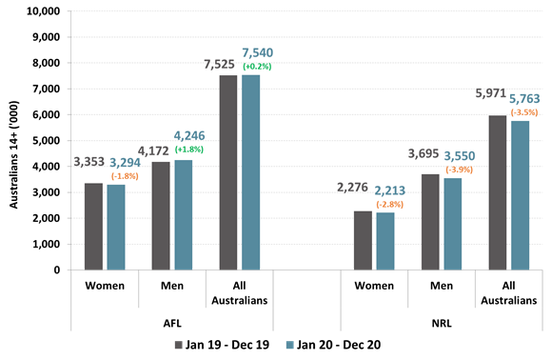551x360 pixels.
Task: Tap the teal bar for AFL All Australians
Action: (249, 172)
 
